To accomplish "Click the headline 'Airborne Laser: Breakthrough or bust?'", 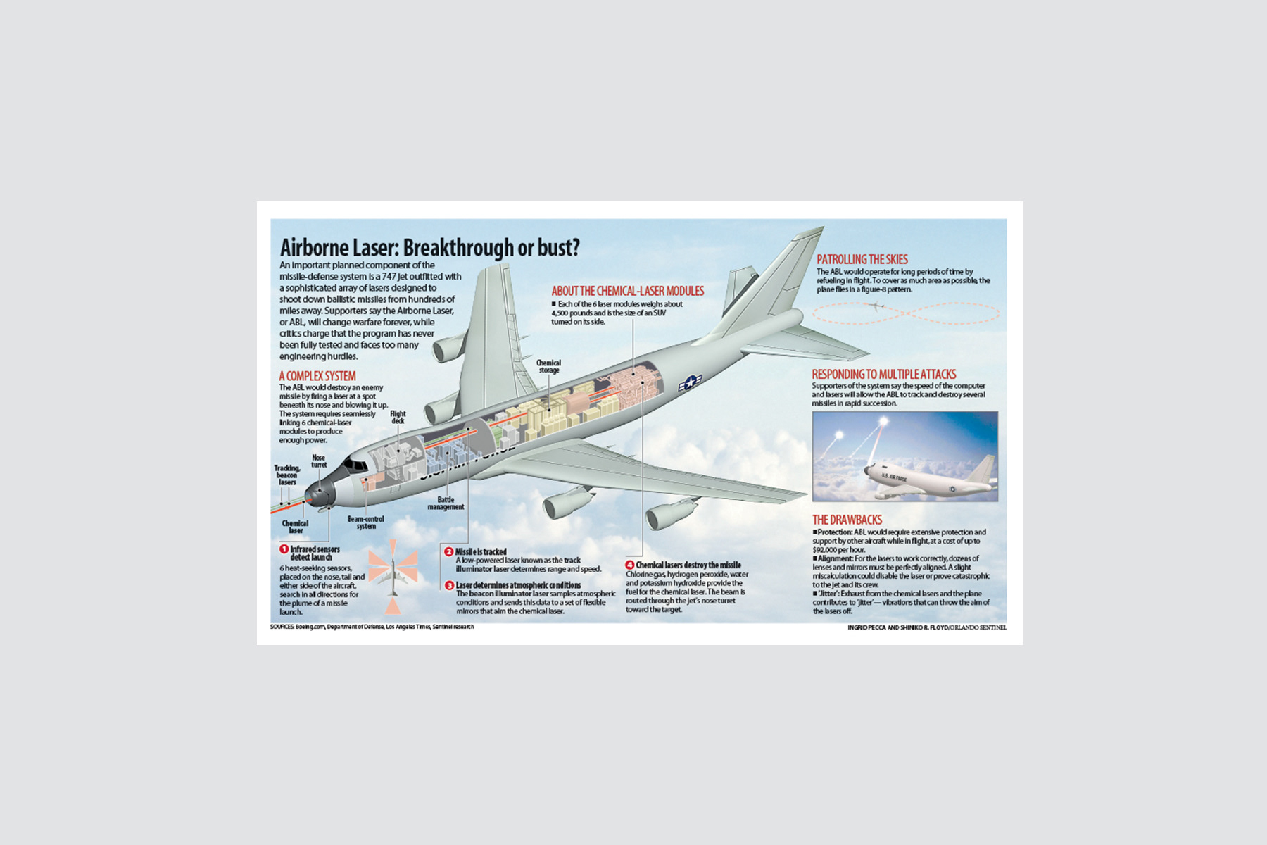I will pyautogui.click(x=429, y=248).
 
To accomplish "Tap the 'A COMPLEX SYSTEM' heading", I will pyautogui.click(x=317, y=376).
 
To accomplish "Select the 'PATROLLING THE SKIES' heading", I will pyautogui.click(x=862, y=259).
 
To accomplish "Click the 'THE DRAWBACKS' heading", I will pyautogui.click(x=847, y=520).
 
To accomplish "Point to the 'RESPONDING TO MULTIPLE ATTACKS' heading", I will pyautogui.click(x=884, y=374).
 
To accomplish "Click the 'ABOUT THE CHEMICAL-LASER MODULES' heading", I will pyautogui.click(x=627, y=291).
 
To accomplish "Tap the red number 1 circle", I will pyautogui.click(x=284, y=549).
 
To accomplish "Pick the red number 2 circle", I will pyautogui.click(x=448, y=551).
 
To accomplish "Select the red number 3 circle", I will pyautogui.click(x=449, y=585).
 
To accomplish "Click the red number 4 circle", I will pyautogui.click(x=630, y=565).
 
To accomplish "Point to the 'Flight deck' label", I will pyautogui.click(x=398, y=417).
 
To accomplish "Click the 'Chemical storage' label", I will pyautogui.click(x=548, y=366).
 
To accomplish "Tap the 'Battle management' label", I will pyautogui.click(x=446, y=503).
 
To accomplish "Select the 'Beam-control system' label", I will pyautogui.click(x=365, y=522).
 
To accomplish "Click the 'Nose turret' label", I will pyautogui.click(x=319, y=461).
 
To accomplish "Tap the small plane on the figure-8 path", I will pyautogui.click(x=876, y=306).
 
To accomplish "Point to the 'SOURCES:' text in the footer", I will pyautogui.click(x=282, y=627).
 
